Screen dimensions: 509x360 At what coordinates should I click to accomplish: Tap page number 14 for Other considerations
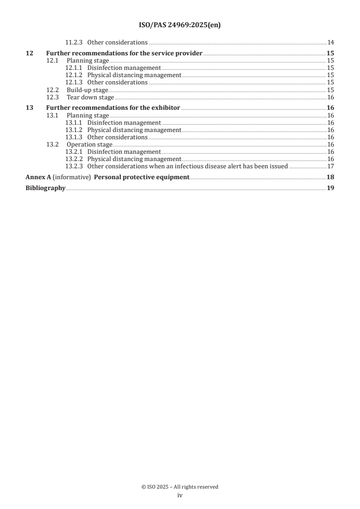pos(330,43)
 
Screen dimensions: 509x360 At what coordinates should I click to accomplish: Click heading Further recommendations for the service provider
pos(124,54)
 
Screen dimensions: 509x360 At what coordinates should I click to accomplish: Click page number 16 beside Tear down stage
pos(330,97)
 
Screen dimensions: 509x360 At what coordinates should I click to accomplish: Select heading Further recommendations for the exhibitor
pos(113,108)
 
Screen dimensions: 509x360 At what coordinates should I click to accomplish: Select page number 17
pos(330,166)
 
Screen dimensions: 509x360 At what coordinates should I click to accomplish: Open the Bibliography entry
pos(45,188)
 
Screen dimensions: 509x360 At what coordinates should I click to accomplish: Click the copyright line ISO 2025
pos(180,487)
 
